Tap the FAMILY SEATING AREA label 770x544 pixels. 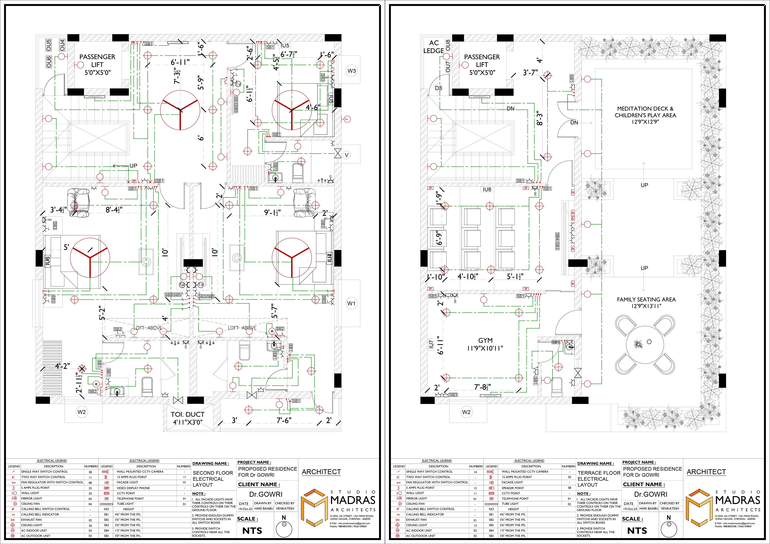coord(646,299)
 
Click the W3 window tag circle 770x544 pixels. coord(352,71)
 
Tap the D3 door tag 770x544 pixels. coord(438,88)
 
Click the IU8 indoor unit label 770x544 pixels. coord(487,190)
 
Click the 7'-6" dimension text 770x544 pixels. coord(284,420)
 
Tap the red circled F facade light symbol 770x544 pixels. coord(347,119)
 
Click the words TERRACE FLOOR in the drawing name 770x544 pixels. coord(599,473)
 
